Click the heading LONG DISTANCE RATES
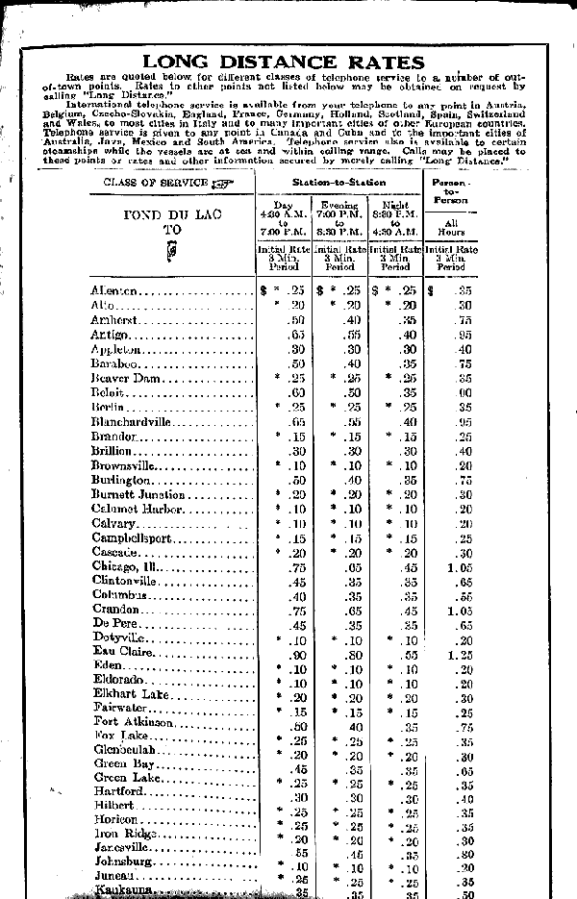pyautogui.click(x=289, y=62)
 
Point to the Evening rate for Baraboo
pyautogui.click(x=352, y=364)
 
